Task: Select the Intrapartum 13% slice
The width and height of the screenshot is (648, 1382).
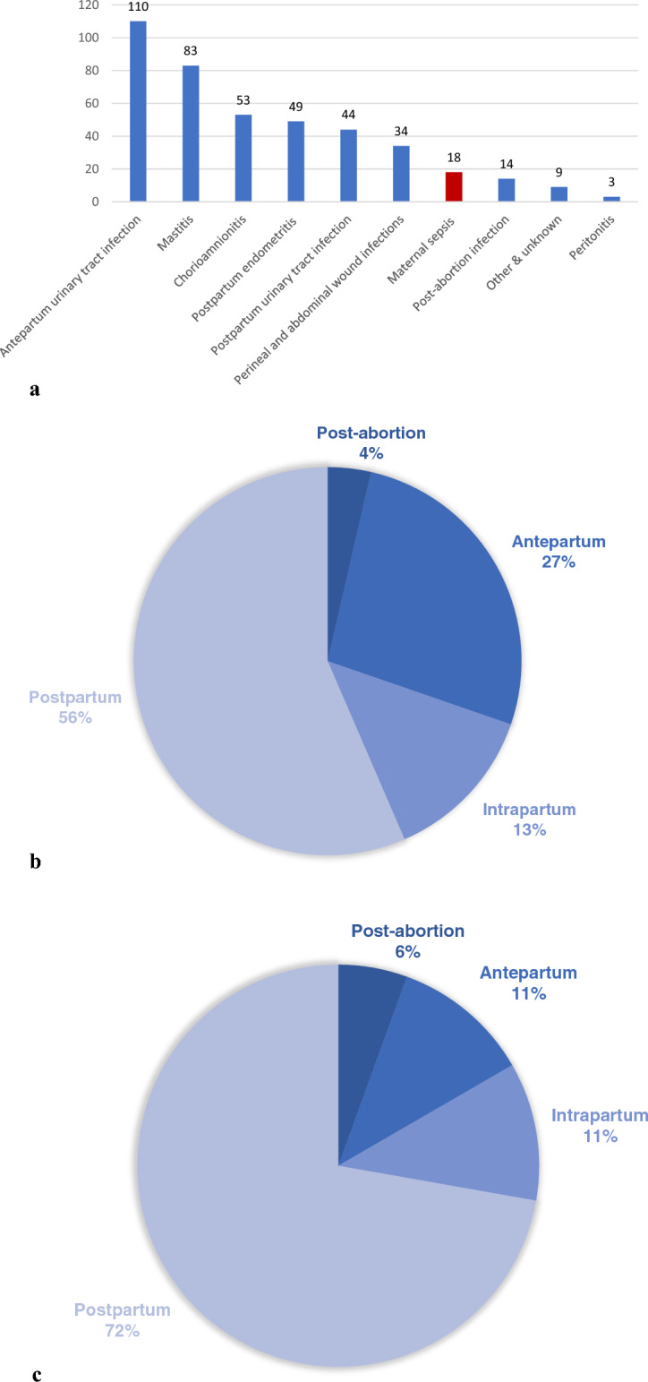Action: coord(421,761)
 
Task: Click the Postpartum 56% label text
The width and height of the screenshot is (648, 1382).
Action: coord(64,705)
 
